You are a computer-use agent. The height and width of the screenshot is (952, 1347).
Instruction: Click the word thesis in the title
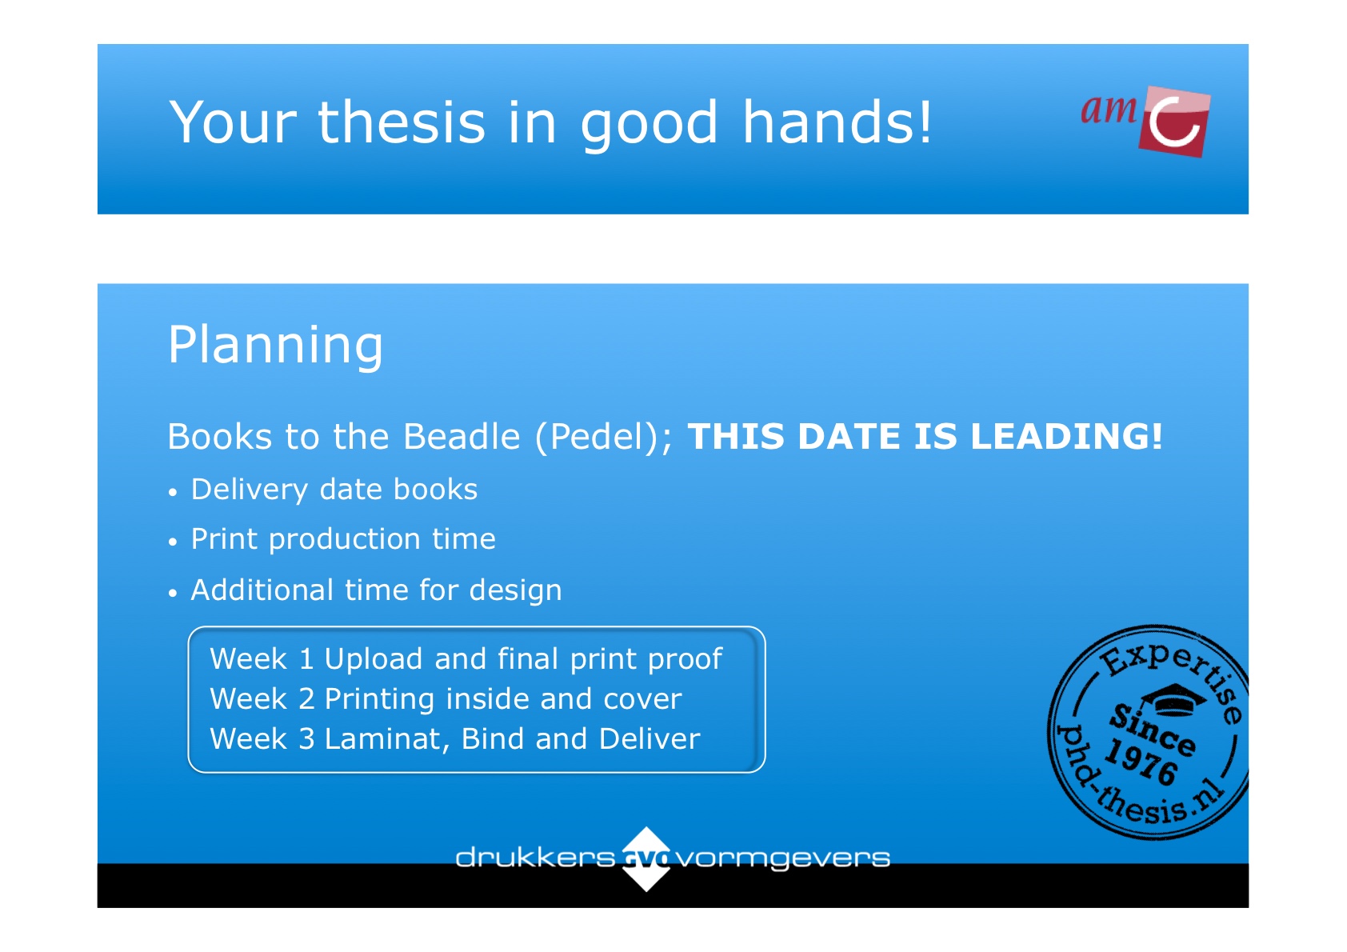tap(401, 122)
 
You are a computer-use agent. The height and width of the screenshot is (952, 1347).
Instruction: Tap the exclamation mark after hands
tap(925, 122)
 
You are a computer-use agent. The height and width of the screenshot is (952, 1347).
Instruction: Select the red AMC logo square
tap(1173, 122)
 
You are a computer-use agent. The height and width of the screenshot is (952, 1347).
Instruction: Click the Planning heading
tap(275, 345)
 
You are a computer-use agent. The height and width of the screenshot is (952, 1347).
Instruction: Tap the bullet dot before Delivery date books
tap(174, 493)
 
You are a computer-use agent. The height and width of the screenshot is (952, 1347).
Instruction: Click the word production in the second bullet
tap(343, 539)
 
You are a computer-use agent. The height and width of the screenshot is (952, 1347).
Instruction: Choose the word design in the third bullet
tap(515, 591)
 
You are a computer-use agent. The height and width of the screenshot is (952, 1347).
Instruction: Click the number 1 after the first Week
tap(306, 659)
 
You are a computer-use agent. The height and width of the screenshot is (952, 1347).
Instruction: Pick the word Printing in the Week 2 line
tap(379, 700)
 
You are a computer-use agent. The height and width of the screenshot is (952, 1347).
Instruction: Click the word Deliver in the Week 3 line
tap(650, 739)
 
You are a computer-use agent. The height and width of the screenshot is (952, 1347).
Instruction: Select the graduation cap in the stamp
tap(1173, 699)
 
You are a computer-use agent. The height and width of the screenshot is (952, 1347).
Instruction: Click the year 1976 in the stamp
tap(1141, 762)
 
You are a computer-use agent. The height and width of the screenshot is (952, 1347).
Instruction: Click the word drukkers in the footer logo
tap(535, 858)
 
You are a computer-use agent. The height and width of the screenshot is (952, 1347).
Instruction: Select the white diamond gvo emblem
tap(646, 859)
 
